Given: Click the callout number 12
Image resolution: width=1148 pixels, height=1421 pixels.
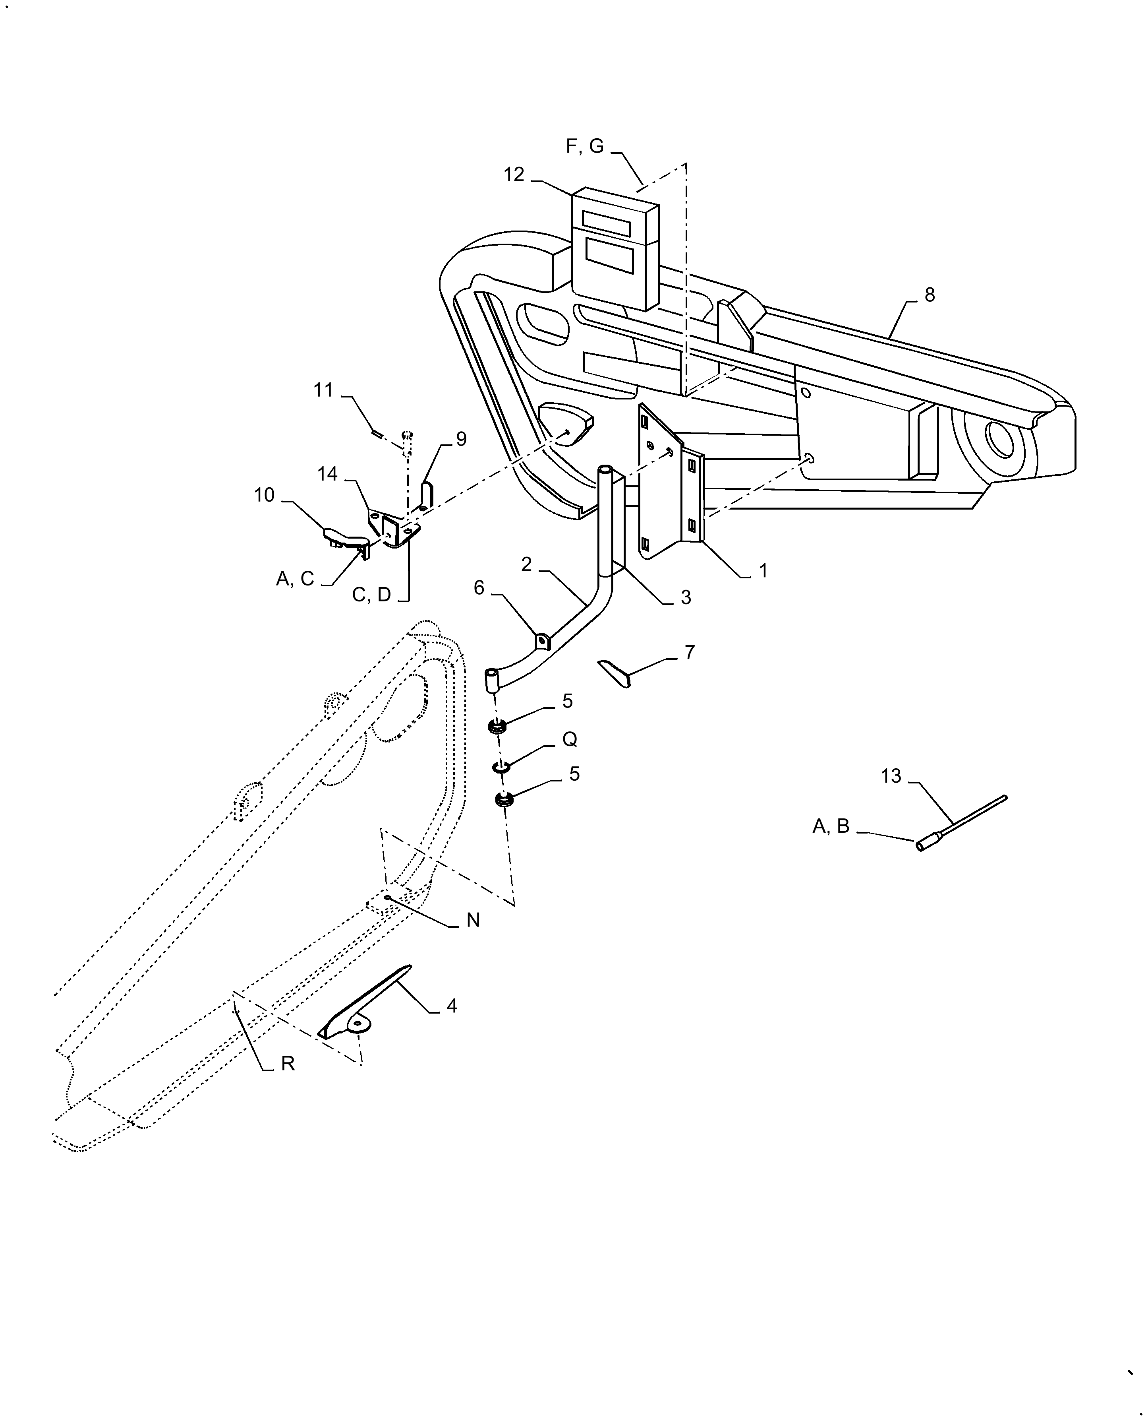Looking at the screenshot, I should (514, 174).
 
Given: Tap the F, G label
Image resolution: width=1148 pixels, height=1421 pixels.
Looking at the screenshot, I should (585, 146).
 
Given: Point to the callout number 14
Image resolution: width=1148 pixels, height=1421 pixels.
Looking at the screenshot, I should (327, 474).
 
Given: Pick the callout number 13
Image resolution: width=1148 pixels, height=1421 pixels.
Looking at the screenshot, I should (891, 776).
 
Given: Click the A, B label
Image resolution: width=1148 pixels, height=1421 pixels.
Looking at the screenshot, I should (831, 826).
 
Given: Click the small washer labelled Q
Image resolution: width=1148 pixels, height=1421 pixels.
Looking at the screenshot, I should (501, 768).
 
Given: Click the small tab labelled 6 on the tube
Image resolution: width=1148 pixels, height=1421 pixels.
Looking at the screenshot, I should (542, 641).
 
